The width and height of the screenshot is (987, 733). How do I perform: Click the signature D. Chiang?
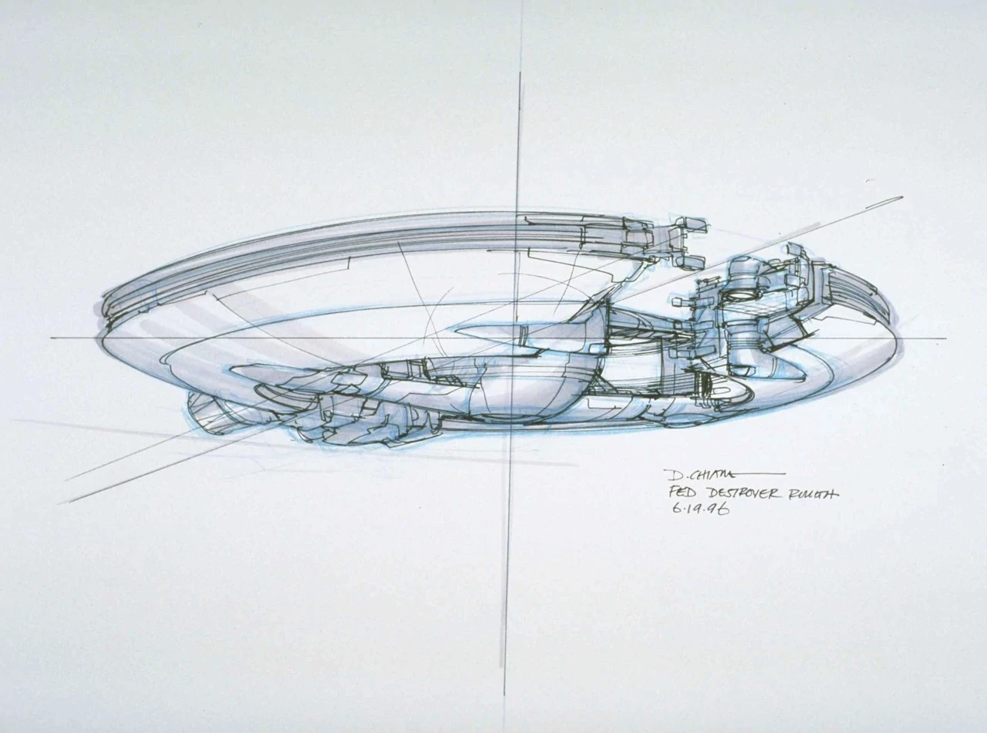pyautogui.click(x=688, y=475)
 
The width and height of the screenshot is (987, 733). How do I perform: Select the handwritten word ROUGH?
pyautogui.click(x=810, y=494)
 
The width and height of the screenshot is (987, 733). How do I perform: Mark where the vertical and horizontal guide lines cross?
pyautogui.click(x=515, y=338)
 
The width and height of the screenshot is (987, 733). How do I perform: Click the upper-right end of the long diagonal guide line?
pyautogui.click(x=901, y=197)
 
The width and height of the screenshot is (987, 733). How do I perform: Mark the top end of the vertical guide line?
pyautogui.click(x=520, y=73)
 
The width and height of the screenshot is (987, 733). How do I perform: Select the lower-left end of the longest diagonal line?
pyautogui.click(x=62, y=503)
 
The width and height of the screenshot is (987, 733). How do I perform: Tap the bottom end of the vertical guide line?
pyautogui.click(x=505, y=694)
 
